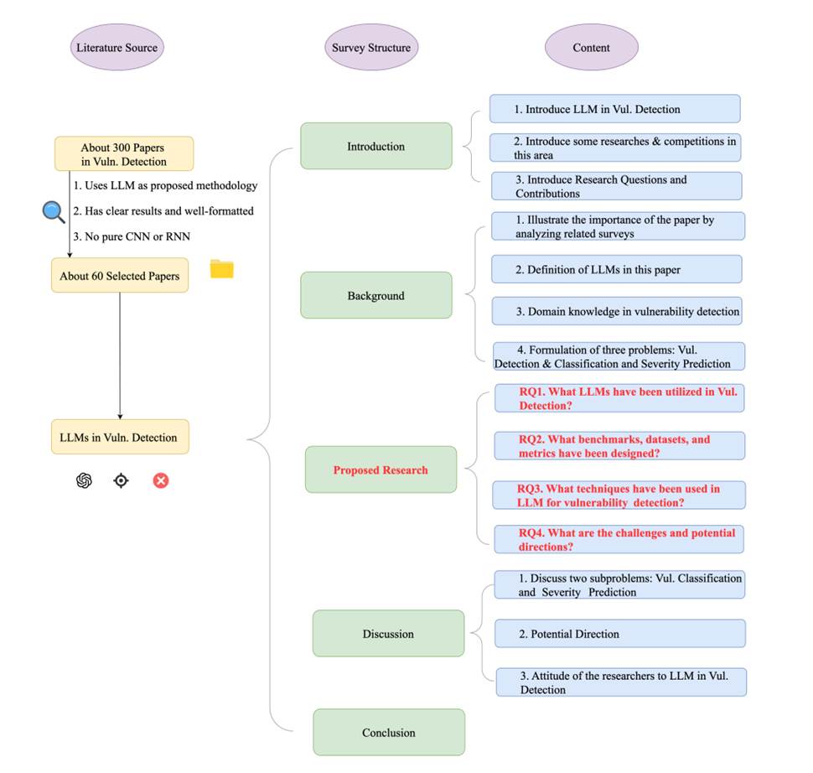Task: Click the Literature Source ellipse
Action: [117, 48]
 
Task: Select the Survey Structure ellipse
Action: [370, 48]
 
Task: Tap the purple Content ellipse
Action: [591, 48]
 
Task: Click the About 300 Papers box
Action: [124, 154]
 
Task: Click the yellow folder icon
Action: [221, 269]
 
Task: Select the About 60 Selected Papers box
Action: [120, 276]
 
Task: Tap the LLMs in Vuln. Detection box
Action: [120, 437]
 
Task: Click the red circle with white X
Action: [161, 480]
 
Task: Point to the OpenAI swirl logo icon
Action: [83, 480]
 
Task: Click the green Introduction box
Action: [375, 147]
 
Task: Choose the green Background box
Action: [375, 295]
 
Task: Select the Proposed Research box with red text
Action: [381, 470]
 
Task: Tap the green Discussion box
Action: [388, 633]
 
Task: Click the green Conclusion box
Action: [388, 732]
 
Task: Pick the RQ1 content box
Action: [619, 398]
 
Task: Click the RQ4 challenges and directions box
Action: [619, 539]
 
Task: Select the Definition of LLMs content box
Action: [617, 269]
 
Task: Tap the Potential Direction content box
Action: [619, 634]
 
